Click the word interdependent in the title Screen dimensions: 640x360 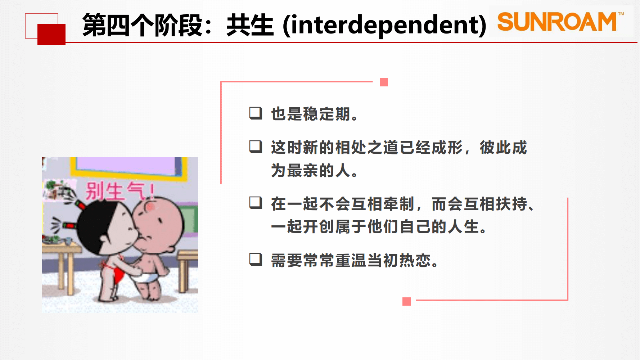[x=384, y=25]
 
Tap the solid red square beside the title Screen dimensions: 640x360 [x=51, y=35]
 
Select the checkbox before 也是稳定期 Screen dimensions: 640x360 [x=256, y=113]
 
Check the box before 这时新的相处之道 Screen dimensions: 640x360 [x=256, y=147]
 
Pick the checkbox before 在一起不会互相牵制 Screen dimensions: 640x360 [x=256, y=203]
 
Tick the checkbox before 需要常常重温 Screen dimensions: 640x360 [x=256, y=259]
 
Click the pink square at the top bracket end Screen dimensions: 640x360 [x=384, y=82]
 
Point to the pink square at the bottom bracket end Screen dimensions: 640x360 [x=407, y=302]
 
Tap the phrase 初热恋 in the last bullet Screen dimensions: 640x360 [x=407, y=260]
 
